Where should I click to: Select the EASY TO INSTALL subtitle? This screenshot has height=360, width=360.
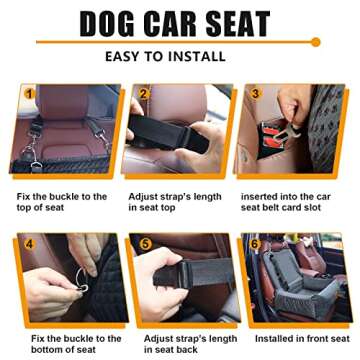click(179, 57)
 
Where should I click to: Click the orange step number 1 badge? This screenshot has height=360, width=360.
click(29, 94)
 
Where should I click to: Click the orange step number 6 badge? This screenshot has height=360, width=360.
click(254, 243)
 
